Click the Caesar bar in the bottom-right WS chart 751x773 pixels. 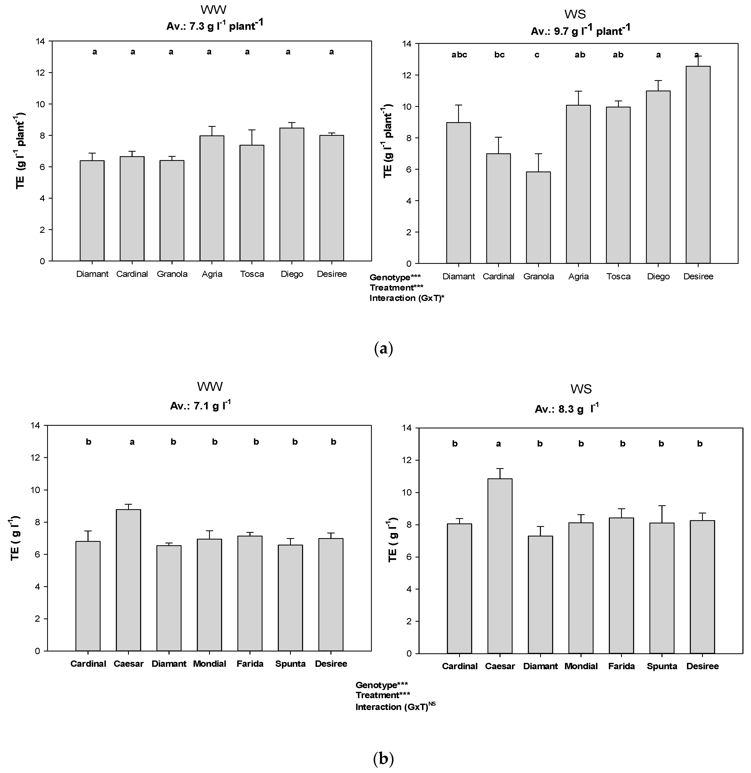pos(500,566)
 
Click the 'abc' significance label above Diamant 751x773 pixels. pos(459,55)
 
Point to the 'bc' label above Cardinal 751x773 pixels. pos(499,55)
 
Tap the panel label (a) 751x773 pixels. pos(383,349)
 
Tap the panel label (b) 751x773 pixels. pos(383,758)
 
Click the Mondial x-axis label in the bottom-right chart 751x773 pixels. pos(581,666)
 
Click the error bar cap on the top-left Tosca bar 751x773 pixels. pos(252,130)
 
